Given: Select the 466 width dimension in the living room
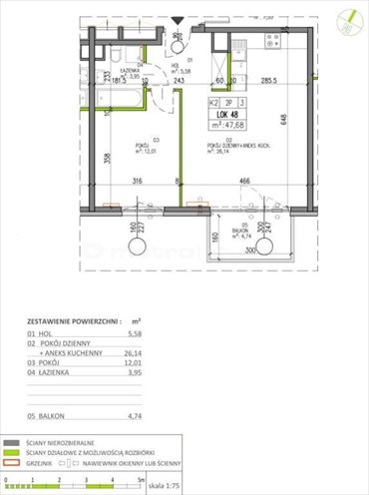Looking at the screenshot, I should [244, 182].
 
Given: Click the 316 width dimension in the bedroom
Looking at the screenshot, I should [138, 182].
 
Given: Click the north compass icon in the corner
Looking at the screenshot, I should [348, 17].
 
